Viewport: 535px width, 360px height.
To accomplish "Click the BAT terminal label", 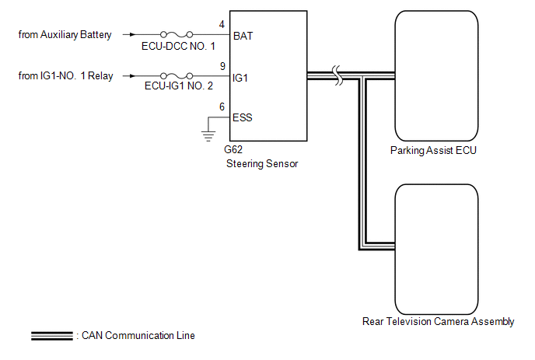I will tap(243, 36).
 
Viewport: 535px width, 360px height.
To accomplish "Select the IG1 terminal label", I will tap(242, 78).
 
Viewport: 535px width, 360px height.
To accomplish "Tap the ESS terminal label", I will tap(243, 118).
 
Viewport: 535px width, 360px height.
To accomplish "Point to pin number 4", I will tap(222, 24).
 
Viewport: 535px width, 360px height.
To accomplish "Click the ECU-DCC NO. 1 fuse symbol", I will tap(178, 35).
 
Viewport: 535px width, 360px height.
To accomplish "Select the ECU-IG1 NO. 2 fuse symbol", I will tap(178, 77).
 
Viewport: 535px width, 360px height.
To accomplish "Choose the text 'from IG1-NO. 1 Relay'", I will tap(65, 77).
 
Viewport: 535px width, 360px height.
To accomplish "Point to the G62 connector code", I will tap(233, 152).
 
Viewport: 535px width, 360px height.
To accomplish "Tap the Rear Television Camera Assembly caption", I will tap(439, 321).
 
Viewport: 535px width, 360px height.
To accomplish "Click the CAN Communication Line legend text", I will tap(137, 336).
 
